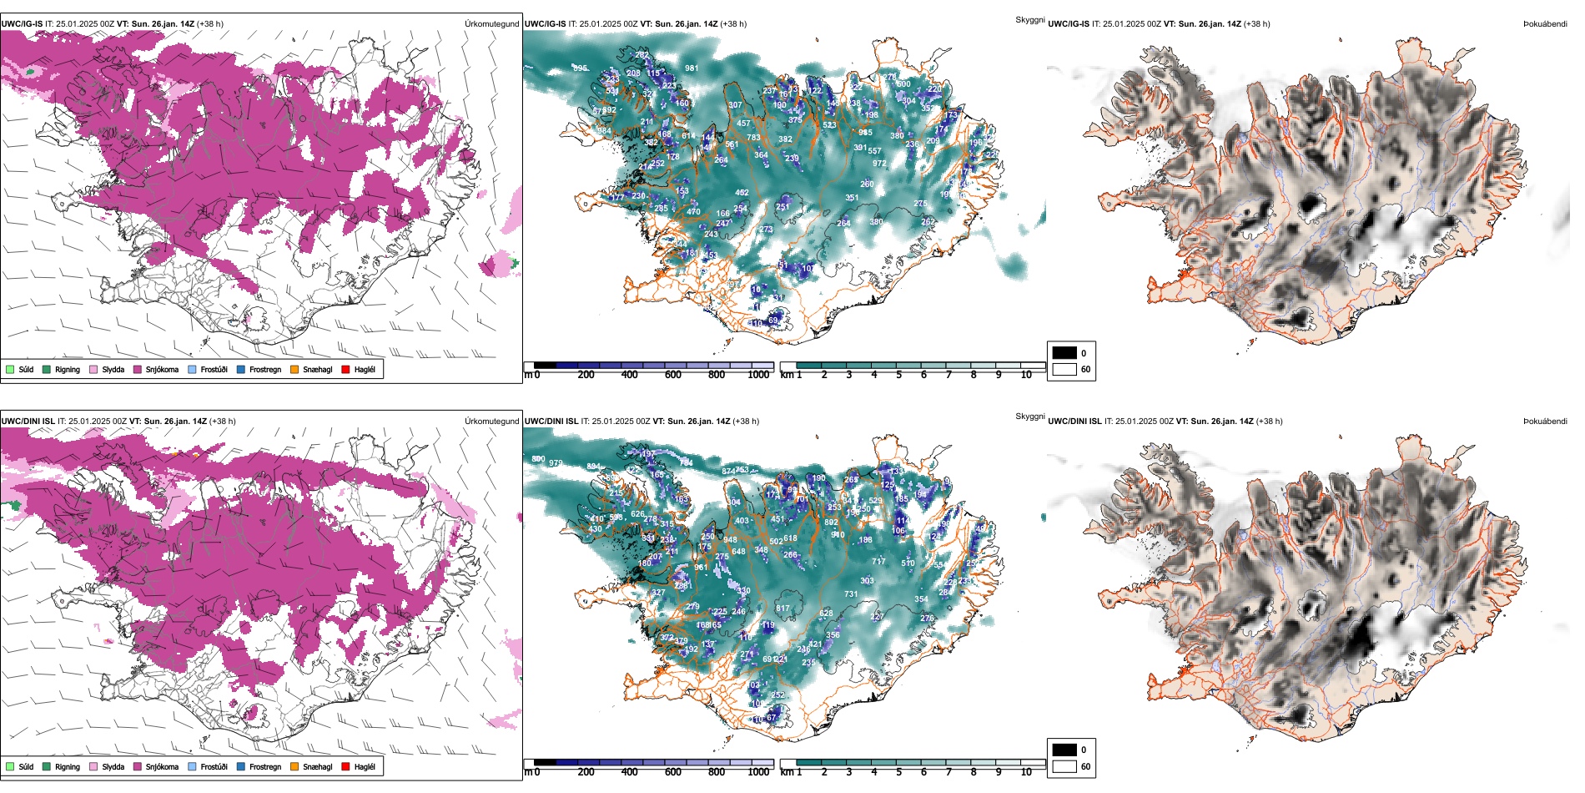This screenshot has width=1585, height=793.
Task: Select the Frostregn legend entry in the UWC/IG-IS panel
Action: coord(264,369)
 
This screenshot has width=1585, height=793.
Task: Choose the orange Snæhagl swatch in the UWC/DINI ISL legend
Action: coord(294,766)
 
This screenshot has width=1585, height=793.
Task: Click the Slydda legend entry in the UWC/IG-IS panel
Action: coord(113,369)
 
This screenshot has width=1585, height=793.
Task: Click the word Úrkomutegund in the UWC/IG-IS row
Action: coord(491,24)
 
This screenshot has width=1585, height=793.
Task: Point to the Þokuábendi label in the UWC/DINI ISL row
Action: coord(1545,422)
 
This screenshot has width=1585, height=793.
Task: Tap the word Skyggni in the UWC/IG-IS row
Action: coord(1029,19)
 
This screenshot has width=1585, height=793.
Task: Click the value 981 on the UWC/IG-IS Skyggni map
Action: coord(692,68)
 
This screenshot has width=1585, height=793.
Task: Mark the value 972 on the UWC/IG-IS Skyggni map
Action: coord(879,164)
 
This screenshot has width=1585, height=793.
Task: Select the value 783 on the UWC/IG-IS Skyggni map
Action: coord(753,138)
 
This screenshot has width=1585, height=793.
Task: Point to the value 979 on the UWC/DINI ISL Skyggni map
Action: coord(556,463)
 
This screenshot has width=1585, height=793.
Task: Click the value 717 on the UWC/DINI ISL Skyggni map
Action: coord(878,562)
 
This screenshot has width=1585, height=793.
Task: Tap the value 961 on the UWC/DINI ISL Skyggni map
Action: coord(701,568)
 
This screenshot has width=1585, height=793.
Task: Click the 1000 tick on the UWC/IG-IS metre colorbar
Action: coord(758,375)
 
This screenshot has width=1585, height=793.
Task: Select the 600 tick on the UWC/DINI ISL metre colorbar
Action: coord(672,772)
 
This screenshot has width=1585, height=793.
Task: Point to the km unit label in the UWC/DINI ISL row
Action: coord(786,772)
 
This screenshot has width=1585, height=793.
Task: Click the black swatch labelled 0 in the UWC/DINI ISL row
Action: coord(1064,750)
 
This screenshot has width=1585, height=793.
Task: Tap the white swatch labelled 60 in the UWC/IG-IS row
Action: coord(1064,369)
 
